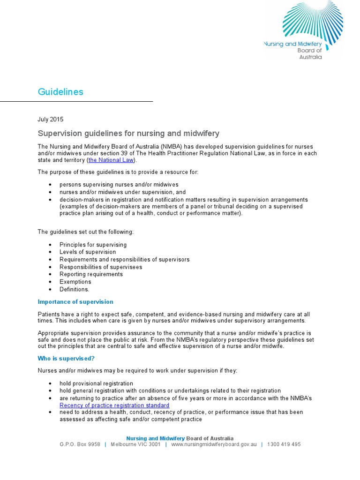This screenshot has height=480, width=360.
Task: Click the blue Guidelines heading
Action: coord(60,92)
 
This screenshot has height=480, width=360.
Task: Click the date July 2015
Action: coord(50,120)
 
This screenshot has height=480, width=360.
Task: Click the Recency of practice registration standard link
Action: coord(114,405)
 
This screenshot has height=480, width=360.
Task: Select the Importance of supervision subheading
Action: coord(75,302)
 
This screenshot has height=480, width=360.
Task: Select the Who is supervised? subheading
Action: coord(67,359)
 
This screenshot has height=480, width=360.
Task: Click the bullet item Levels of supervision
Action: coord(88,252)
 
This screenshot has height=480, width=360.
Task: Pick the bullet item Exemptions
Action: coord(75,282)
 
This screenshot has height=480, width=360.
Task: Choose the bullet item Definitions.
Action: coord(74,290)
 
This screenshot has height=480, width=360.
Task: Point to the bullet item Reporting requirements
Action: coord(91,275)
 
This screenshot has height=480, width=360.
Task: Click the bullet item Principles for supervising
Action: coord(93,245)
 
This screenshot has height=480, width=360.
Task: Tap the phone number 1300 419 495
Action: coord(284,444)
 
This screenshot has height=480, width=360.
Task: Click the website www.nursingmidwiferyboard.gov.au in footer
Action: coord(214,444)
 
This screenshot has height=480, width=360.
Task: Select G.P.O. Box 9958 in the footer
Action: coord(80,444)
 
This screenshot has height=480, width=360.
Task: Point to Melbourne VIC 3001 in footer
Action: coord(135,444)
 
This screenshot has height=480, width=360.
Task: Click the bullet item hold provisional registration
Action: coord(96,383)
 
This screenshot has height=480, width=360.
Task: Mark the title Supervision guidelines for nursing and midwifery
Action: coord(128,134)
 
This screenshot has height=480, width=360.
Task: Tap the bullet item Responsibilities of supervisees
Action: coord(101,267)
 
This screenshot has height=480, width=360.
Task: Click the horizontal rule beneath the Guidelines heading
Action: coord(76,101)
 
